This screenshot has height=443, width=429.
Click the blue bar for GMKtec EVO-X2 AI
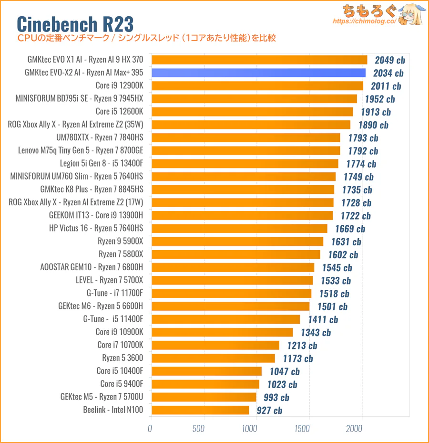point(258,73)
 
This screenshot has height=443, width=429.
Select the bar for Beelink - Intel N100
point(200,410)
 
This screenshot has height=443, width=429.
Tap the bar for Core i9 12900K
point(257,86)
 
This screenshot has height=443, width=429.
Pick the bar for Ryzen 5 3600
point(213,358)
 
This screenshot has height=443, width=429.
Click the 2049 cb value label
point(389,60)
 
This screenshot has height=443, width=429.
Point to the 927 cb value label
point(269,410)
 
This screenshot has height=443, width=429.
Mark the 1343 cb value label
point(316,332)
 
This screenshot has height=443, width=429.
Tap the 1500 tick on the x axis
point(309,429)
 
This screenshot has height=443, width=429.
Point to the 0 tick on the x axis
point(150,429)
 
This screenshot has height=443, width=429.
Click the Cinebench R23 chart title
point(75,23)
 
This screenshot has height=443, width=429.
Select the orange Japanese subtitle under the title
point(146,38)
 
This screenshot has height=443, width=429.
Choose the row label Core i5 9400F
point(122,384)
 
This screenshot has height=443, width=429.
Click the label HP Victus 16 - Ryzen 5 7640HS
point(96,229)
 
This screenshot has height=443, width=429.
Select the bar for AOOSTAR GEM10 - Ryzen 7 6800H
point(232,267)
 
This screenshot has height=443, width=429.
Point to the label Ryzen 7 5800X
point(121,254)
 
